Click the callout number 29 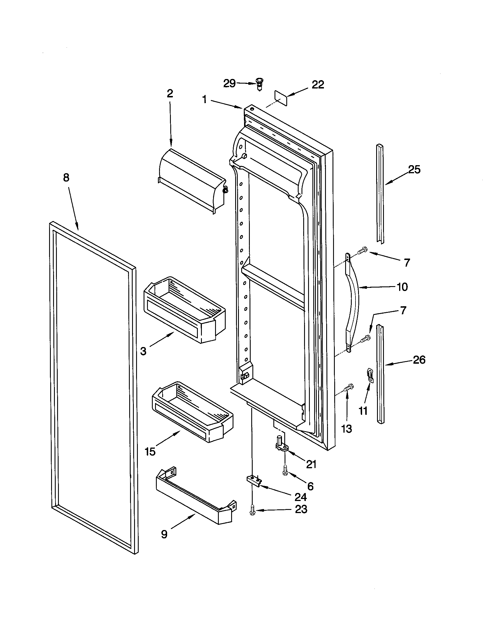click(x=229, y=84)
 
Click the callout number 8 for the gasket click(x=66, y=178)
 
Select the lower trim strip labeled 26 click(x=381, y=373)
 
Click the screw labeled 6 click(x=285, y=472)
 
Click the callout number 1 click(x=204, y=99)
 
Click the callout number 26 click(x=419, y=360)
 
